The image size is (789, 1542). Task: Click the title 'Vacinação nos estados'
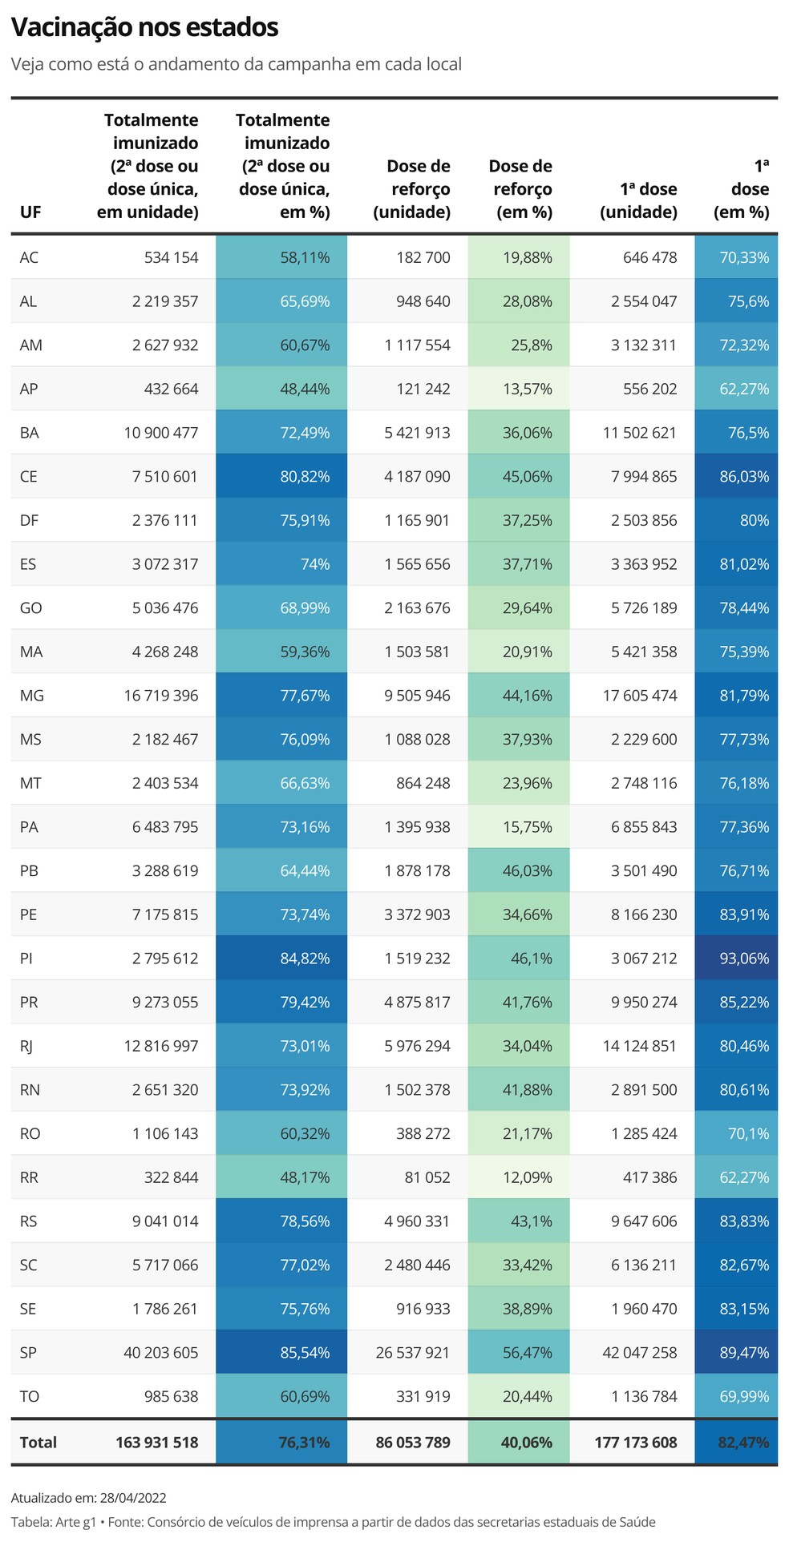point(144,28)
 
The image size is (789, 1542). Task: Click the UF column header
point(30,212)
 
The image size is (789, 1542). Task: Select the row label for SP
point(29,1352)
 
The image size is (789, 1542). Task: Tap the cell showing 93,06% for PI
point(743,958)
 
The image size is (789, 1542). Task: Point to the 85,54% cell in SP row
point(305,1352)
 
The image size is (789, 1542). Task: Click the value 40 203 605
point(160,1352)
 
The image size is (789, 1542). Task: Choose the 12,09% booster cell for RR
point(527,1177)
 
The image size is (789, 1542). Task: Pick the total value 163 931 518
point(156,1442)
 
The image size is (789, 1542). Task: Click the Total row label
point(38,1442)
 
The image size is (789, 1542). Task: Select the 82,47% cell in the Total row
point(743,1442)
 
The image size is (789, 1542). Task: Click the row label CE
point(29,476)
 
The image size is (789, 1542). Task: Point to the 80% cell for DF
point(754,520)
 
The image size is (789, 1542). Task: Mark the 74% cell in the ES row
point(314,564)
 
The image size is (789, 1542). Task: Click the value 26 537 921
point(413,1352)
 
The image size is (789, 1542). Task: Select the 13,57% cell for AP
point(527,389)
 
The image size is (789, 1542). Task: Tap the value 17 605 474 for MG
point(640,696)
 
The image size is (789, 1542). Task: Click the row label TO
point(30,1396)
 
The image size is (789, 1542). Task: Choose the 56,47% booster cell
point(527,1352)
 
